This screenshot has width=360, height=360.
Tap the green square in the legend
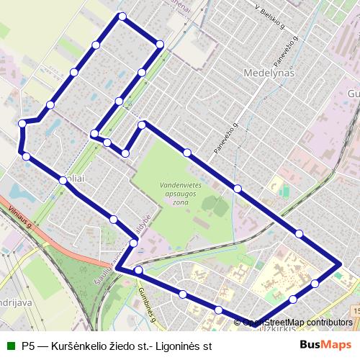[x=11, y=346]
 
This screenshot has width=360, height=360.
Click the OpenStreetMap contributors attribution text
[x=297, y=323]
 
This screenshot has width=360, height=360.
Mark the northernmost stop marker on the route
[x=122, y=16]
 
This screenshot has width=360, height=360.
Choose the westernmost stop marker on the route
[x=22, y=124]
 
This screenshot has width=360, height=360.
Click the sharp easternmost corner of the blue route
[x=339, y=265]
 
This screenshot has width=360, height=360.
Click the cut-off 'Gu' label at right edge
[x=354, y=94]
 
